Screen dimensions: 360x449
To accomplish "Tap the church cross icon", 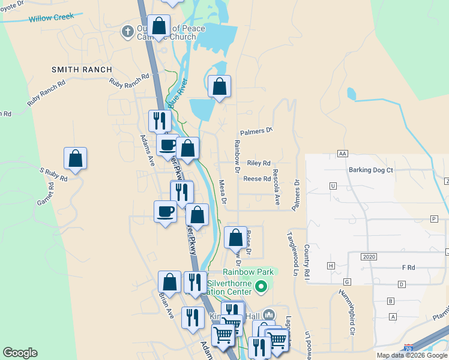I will [x=127, y=31].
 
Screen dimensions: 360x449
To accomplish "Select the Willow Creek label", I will [x=52, y=17].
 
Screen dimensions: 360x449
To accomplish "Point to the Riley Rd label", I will [x=259, y=163].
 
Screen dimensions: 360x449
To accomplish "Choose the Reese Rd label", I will [x=257, y=179].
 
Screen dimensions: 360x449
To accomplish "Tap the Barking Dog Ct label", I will [x=370, y=170].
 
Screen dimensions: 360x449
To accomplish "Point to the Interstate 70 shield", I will [x=408, y=348].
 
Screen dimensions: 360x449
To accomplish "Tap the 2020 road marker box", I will [x=369, y=256].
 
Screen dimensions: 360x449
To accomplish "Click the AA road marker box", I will [x=343, y=154].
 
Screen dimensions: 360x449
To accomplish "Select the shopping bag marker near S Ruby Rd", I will [x=76, y=158].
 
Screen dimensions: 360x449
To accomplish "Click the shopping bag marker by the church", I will [x=158, y=26].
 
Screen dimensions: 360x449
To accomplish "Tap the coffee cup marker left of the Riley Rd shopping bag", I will [x=167, y=144].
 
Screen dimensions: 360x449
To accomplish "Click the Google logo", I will [x=20, y=353].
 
